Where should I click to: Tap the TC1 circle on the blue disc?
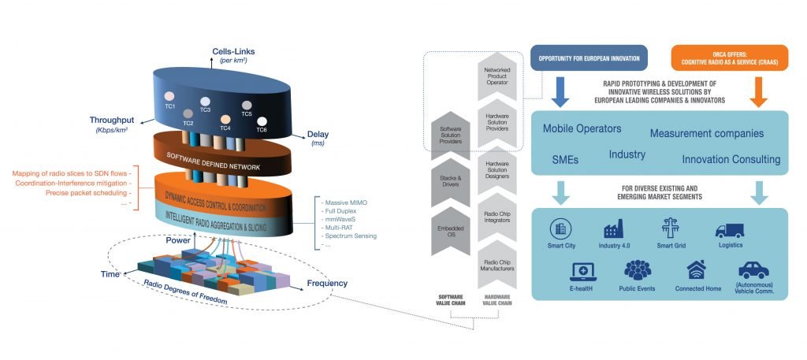(x=169, y=98)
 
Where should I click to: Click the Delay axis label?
(x=297, y=134)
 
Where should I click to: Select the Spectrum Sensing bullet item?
(x=353, y=236)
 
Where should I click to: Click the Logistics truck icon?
(x=728, y=229)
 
